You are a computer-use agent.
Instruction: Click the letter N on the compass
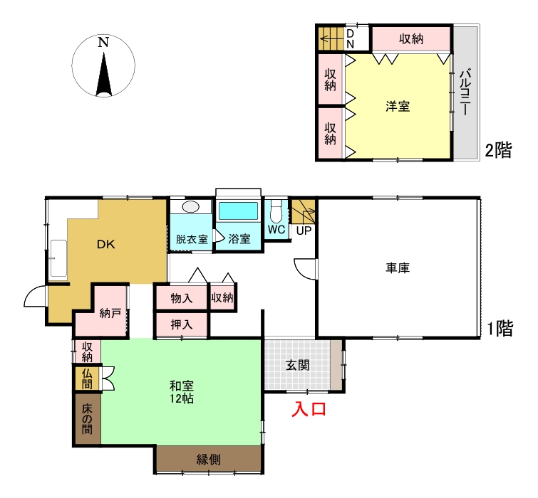(x=103, y=42)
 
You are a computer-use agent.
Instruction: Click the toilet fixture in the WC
(x=276, y=211)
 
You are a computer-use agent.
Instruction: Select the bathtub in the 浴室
(x=238, y=211)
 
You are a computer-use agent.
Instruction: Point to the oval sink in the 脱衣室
(x=190, y=207)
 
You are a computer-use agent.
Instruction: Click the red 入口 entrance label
(x=309, y=409)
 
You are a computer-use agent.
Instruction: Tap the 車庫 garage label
(x=398, y=267)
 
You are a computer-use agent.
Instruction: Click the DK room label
(x=105, y=245)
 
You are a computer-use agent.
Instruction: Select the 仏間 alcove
(x=87, y=378)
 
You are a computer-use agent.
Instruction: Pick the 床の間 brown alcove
(x=87, y=419)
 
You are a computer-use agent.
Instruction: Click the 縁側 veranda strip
(x=209, y=459)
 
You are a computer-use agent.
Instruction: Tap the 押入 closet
(x=181, y=324)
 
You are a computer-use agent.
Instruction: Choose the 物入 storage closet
(x=181, y=297)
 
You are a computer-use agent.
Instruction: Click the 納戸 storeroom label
(x=110, y=314)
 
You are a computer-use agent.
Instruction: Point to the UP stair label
(x=304, y=231)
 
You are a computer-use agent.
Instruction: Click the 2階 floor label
(x=498, y=150)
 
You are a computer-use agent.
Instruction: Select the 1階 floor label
(x=500, y=329)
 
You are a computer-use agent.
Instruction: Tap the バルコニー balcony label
(x=465, y=92)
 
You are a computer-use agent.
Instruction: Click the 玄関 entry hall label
(x=297, y=366)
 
